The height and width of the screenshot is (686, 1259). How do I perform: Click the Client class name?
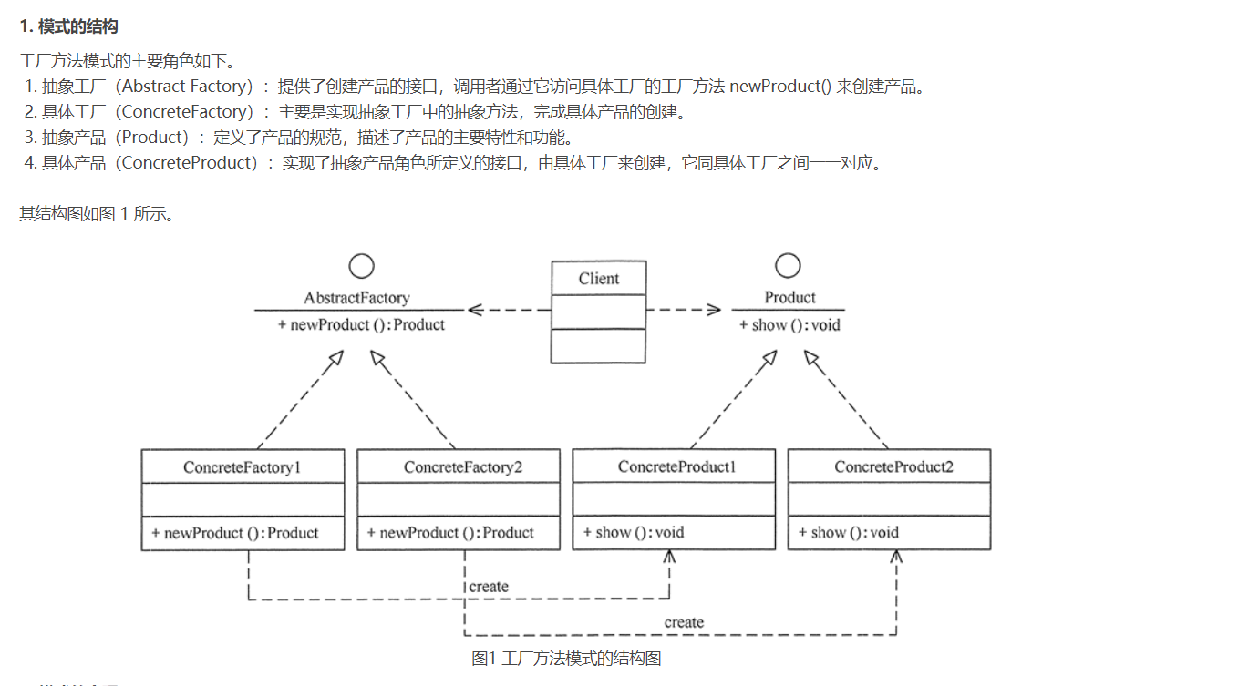point(598,279)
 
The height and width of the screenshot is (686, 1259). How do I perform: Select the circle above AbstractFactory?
point(362,266)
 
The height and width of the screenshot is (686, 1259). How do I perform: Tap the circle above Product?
point(788,265)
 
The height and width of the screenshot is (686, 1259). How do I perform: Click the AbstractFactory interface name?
point(356,298)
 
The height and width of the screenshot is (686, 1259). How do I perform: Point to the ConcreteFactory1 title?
point(243,467)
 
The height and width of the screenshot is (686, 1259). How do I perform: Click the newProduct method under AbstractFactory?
point(361,325)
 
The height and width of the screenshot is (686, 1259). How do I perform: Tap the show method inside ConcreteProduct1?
point(634,533)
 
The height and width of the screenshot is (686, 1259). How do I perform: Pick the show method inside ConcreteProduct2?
point(849,533)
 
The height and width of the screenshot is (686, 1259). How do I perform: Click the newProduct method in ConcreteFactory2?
point(450,533)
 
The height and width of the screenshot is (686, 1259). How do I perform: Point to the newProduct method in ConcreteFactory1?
point(235,533)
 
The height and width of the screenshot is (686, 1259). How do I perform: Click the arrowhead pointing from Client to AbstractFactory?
point(476,310)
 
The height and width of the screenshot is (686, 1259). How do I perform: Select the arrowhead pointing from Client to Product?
point(713,310)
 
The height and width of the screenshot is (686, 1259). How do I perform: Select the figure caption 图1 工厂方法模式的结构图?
point(565,658)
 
